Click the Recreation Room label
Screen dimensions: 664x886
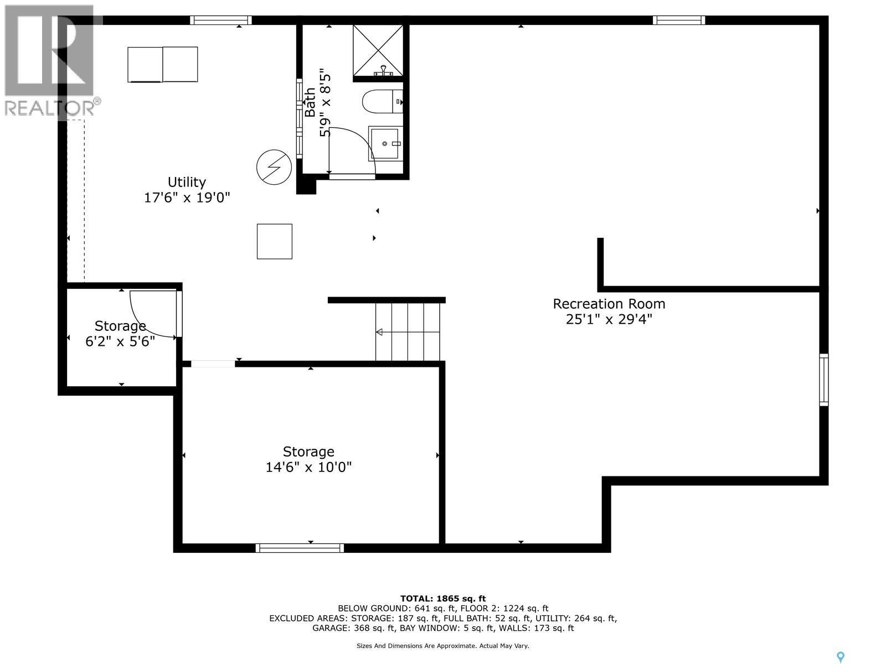pyautogui.click(x=609, y=304)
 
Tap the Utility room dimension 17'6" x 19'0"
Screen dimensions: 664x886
pyautogui.click(x=187, y=198)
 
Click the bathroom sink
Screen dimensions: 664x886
pyautogui.click(x=385, y=144)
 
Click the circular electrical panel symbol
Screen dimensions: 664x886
pyautogui.click(x=274, y=167)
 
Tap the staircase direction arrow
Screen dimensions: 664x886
pyautogui.click(x=380, y=332)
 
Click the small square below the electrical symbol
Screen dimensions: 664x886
pyautogui.click(x=275, y=241)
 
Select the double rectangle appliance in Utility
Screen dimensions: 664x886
pyautogui.click(x=163, y=65)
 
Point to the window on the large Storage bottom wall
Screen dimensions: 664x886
pyautogui.click(x=300, y=548)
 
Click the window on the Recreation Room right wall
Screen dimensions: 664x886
pyautogui.click(x=824, y=380)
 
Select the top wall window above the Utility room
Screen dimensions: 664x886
pyautogui.click(x=221, y=20)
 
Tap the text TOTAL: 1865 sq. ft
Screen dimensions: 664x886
pyautogui.click(x=442, y=598)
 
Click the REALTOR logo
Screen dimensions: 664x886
pyautogui.click(x=50, y=61)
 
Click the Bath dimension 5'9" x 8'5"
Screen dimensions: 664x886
pyautogui.click(x=325, y=105)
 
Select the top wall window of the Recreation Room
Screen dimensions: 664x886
pyautogui.click(x=678, y=20)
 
